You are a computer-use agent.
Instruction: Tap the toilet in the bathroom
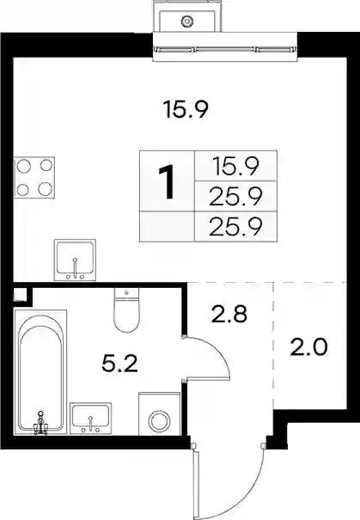pos(126,309)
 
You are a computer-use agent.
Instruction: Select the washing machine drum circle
pos(160,421)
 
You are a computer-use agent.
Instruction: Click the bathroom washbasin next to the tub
pos(90,418)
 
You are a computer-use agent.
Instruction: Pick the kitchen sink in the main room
pos(75,260)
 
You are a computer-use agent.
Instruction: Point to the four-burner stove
pos(34,177)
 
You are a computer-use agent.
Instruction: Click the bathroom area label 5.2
pos(119,364)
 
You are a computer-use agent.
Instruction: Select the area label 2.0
pos(308,347)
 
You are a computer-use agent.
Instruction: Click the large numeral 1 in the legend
pos(167,182)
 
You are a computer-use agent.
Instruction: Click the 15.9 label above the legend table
pos(186,110)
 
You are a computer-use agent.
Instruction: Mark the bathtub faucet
pos(40,423)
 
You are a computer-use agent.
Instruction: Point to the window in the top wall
pos(225,49)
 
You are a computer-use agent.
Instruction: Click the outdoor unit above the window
pos(187,16)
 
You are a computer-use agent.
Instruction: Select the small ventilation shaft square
pos(19,294)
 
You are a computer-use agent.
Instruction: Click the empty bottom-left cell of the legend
pos(167,226)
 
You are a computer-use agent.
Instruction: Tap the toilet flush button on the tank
pos(126,293)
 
